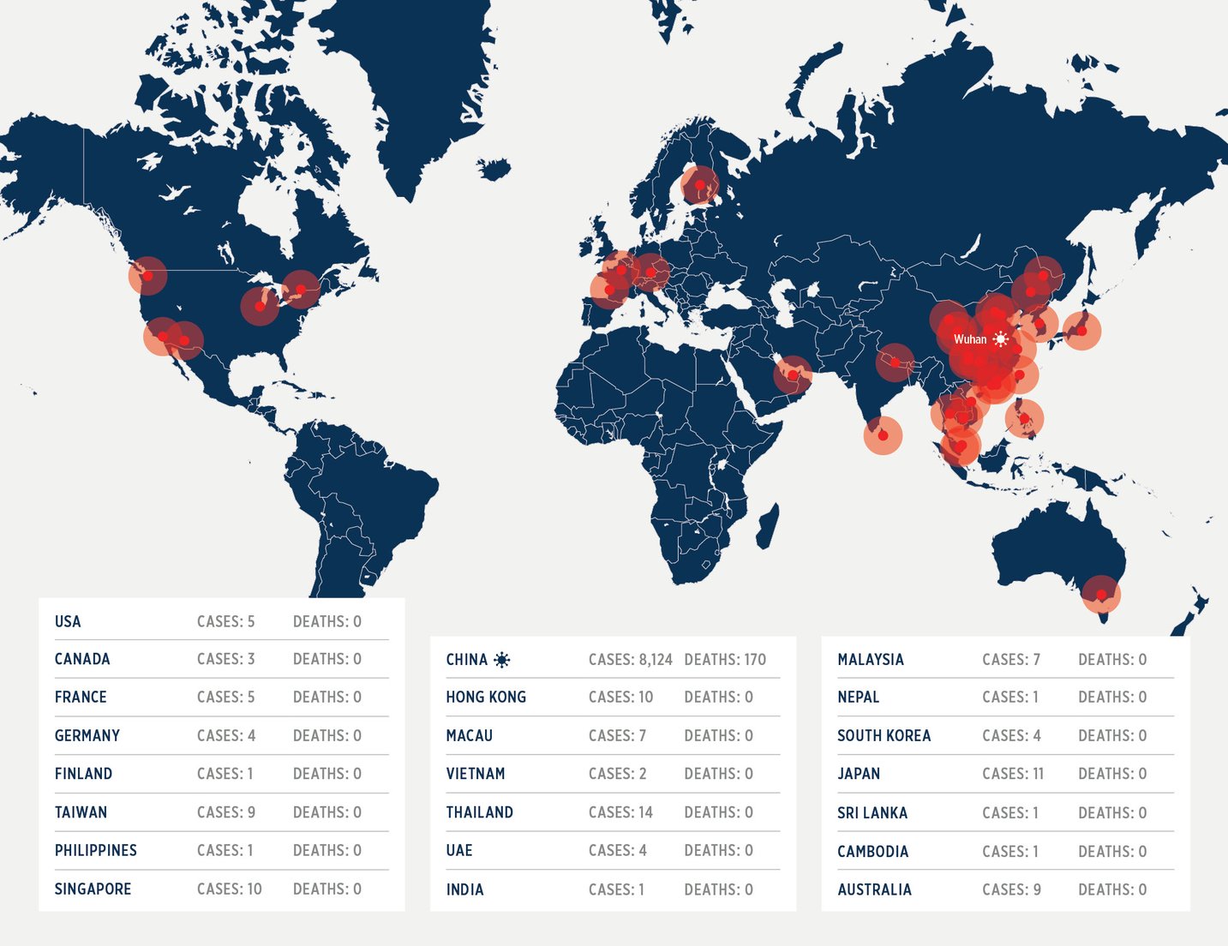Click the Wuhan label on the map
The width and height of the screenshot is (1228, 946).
pos(970,339)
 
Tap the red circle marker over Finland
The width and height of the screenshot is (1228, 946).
pos(700,184)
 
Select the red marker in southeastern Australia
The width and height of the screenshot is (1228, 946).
pos(1101,594)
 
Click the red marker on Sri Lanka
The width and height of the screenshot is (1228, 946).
pos(883,435)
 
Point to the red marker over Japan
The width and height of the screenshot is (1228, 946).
pos(1081,331)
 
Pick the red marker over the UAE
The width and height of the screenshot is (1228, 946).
pos(793,374)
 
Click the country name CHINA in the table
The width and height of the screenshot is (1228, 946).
pos(466,660)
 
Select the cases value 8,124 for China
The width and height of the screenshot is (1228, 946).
pos(630,660)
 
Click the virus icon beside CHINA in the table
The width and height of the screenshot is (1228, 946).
pos(502,660)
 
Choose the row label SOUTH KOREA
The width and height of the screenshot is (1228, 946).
pos(884,736)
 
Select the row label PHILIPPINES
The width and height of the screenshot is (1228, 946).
pos(95,851)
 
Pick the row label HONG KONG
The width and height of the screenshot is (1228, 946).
pos(486,698)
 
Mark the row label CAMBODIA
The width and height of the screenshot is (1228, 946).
pos(872,852)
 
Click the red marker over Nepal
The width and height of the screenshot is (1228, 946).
pos(895,362)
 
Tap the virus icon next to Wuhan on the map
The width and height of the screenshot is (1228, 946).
pos(1000,339)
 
